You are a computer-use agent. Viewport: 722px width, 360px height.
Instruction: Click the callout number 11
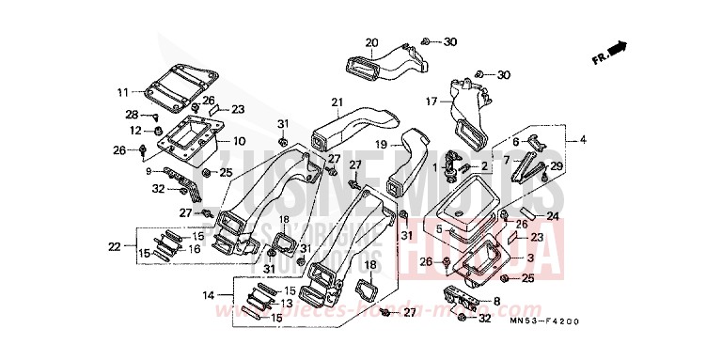coord(122,92)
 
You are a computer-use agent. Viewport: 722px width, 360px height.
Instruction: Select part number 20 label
coord(370,42)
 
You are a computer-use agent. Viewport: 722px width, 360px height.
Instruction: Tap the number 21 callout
coord(337,102)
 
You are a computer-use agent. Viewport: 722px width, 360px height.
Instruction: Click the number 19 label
coord(382,145)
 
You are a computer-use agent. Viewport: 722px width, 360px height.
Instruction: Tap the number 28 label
coord(133,115)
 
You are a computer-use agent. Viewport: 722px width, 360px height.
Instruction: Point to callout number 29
coord(556,166)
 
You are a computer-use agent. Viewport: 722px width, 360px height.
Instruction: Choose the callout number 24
coord(552,216)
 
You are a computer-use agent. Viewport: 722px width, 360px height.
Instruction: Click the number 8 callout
coord(497,301)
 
